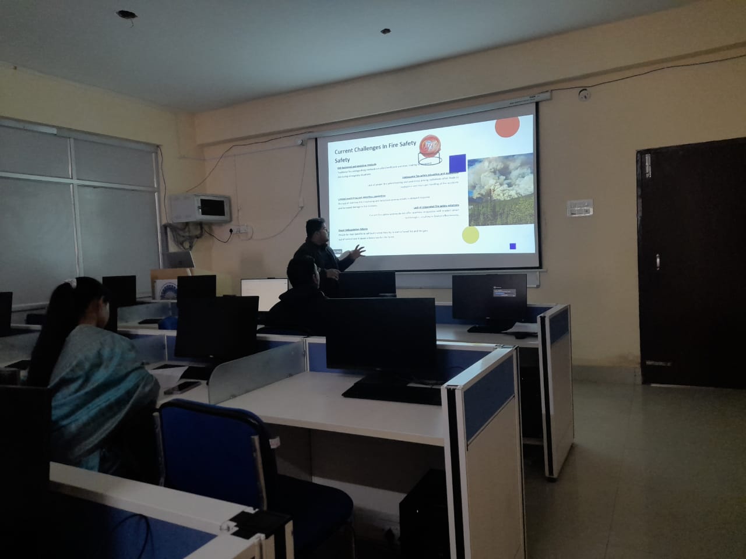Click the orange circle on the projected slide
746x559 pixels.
[x=507, y=126]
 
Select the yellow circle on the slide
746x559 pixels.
[x=470, y=235]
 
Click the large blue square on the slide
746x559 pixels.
[x=457, y=164]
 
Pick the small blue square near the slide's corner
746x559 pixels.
[x=513, y=246]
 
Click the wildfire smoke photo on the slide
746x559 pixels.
[x=501, y=189]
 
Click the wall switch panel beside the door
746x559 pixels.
[x=580, y=207]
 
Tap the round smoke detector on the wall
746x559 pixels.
[x=583, y=93]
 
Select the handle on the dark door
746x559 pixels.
[x=657, y=262]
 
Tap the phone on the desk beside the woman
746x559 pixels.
[x=182, y=387]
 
